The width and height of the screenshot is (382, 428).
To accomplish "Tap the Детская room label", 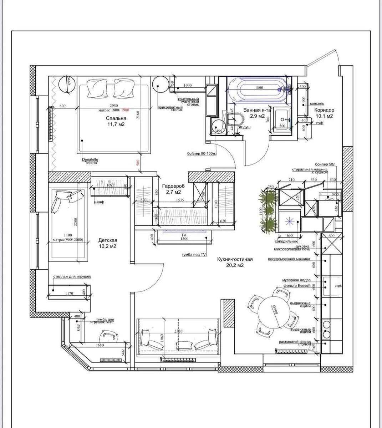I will coord(108,240).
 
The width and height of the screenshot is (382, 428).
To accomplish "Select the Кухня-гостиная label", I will coord(235,259).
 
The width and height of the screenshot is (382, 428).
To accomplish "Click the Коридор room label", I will coord(324,110).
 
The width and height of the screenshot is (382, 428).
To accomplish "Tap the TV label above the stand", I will coord(184,235).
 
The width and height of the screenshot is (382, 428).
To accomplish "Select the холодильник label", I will coord(286,241).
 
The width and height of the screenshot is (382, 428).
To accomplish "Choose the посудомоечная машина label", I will coord(289,259).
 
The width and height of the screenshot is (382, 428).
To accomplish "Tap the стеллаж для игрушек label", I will coord(72,276).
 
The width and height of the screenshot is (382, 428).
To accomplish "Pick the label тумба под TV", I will coord(194,255).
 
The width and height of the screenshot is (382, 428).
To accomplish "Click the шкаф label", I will coord(99,202).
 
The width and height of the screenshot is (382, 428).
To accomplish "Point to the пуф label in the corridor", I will coord(320,123).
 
